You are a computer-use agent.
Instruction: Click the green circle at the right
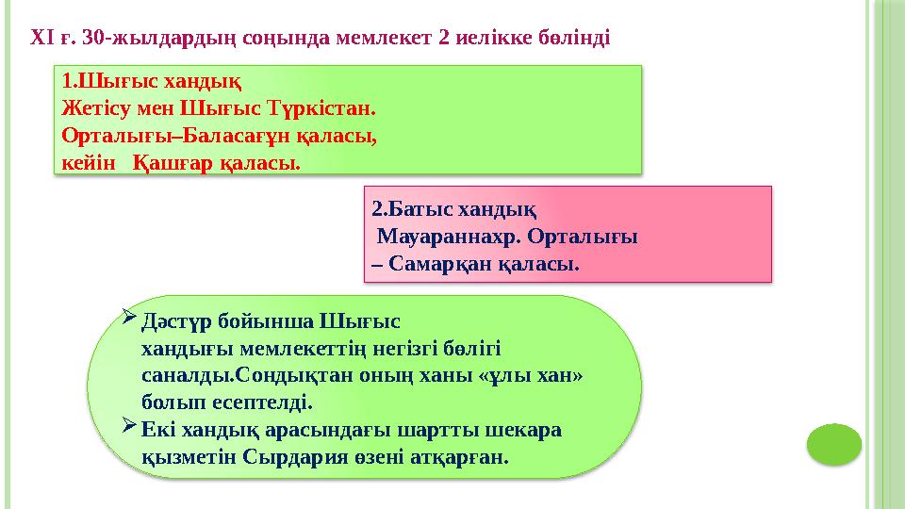pyautogui.click(x=834, y=444)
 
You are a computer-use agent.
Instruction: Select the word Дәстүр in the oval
pyautogui.click(x=174, y=320)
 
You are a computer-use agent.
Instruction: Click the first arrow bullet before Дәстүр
pyautogui.click(x=130, y=320)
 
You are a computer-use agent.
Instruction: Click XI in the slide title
pyautogui.click(x=41, y=39)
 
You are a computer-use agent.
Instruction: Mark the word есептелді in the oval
pyautogui.click(x=263, y=402)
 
